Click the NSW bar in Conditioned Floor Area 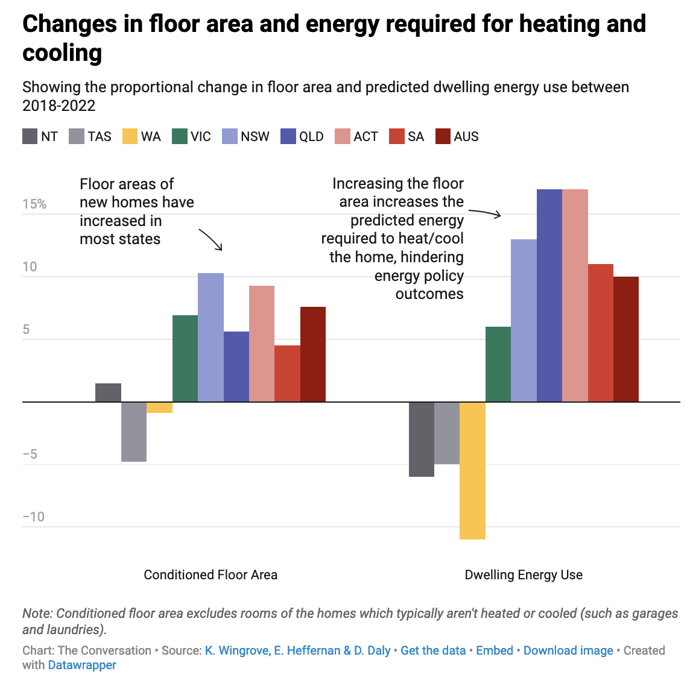tap(210, 338)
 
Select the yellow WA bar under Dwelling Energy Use tap(472, 470)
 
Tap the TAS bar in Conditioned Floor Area tap(134, 432)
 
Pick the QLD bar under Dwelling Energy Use tap(549, 295)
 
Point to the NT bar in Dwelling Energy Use tap(421, 439)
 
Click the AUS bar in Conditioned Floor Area tap(313, 354)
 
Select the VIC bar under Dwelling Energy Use tap(498, 364)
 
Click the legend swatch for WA tap(130, 136)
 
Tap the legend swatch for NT tap(30, 136)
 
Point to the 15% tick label tap(34, 204)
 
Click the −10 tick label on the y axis tap(33, 517)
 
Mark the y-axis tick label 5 tap(26, 329)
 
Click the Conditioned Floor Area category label tap(210, 574)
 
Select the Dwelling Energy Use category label tap(524, 574)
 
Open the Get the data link tap(433, 650)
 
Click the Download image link tap(568, 650)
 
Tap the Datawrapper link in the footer tap(82, 665)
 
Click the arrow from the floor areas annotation tap(211, 239)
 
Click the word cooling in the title tap(62, 53)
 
